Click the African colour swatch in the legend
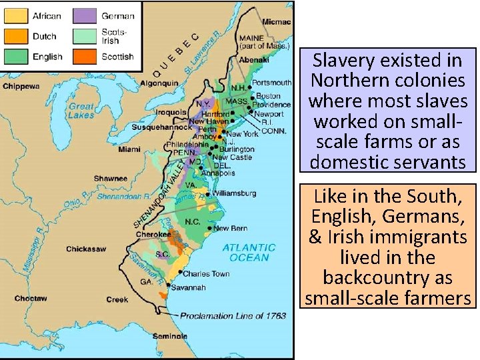pos(16,15)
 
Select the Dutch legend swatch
pos(16,36)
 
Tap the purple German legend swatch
pos(85,15)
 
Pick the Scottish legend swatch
pos(85,57)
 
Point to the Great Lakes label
pos(81,111)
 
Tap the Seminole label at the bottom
pos(170,336)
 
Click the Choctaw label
pos(31,298)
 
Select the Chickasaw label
pos(86,249)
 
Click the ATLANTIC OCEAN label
pos(249,252)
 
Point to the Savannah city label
pos(189,287)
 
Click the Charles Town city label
pos(205,273)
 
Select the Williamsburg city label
pos(234,193)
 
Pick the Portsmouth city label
pos(271,83)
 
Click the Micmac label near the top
pos(276,22)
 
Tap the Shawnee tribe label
pos(110,179)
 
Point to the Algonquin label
pos(159,83)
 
